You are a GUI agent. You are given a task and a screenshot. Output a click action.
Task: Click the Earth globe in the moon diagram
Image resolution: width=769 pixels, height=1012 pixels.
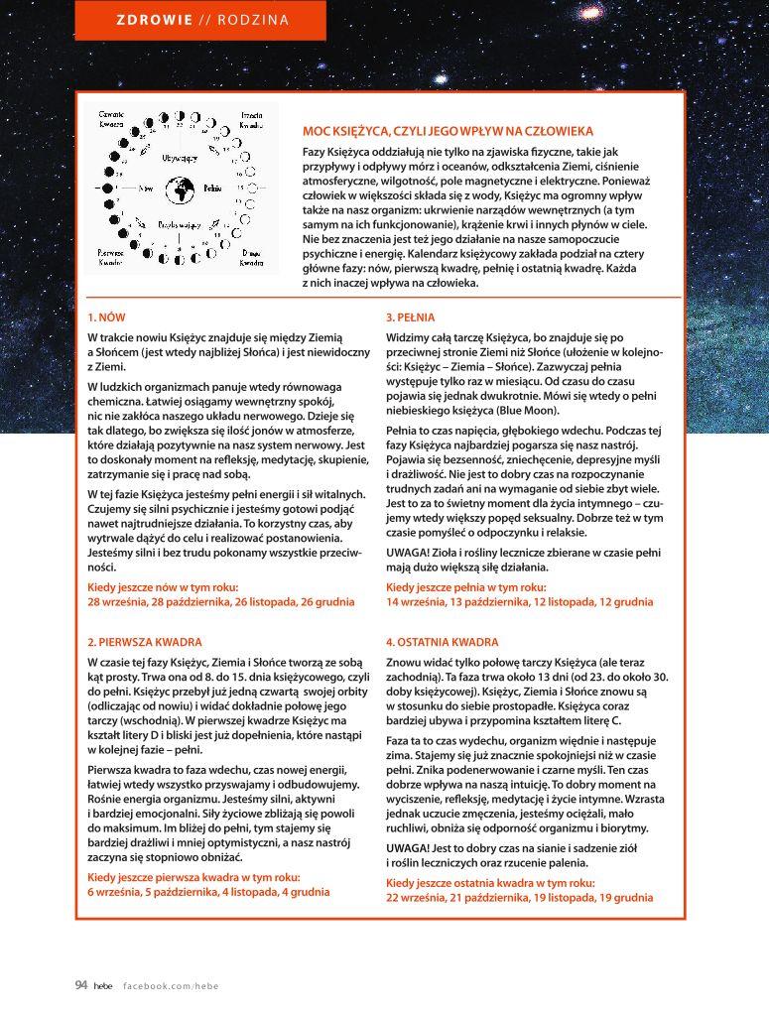182,188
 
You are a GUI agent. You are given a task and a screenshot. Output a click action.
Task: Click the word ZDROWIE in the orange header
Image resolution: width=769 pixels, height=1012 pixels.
155,20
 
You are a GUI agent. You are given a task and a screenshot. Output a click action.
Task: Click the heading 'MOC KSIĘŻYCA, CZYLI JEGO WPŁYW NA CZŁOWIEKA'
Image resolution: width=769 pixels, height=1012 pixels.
448,131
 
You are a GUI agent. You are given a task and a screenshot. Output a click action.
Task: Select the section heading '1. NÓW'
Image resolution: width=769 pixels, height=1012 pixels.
106,317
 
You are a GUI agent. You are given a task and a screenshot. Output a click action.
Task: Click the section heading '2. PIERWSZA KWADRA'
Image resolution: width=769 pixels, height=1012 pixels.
145,642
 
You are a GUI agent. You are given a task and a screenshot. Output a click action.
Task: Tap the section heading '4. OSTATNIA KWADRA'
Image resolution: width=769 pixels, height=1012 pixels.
443,642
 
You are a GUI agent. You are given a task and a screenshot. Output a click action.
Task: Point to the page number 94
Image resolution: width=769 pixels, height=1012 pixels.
81,985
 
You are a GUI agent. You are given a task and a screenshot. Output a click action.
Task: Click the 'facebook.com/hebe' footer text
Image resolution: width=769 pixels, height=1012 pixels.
171,986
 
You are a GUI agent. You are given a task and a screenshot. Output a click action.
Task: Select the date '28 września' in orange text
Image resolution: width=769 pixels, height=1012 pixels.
120,601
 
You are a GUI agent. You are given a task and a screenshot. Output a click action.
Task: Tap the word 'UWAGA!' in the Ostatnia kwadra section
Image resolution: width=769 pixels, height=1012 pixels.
409,848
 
